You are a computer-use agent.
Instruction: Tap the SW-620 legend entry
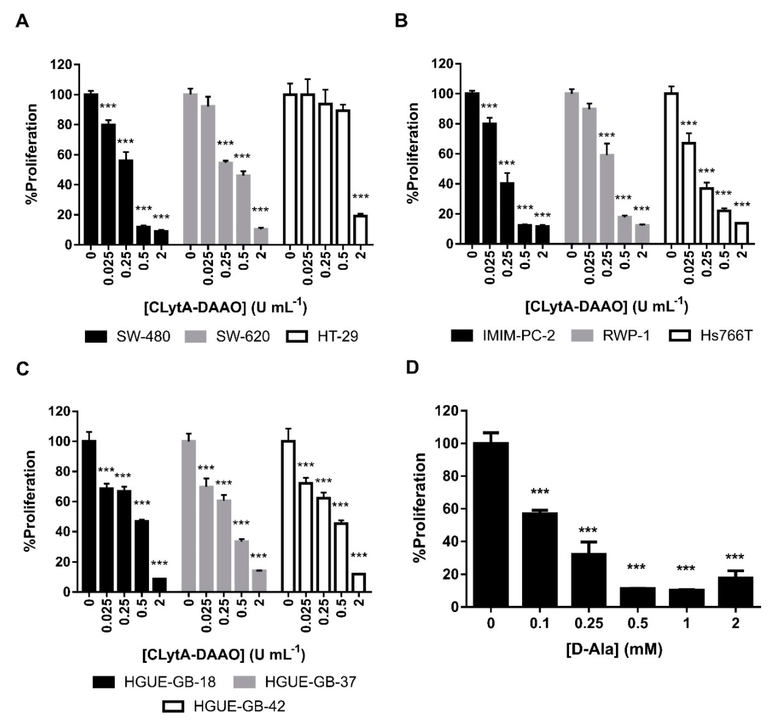click(x=227, y=336)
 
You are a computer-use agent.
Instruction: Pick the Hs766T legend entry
click(x=711, y=335)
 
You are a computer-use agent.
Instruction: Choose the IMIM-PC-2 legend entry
click(x=503, y=335)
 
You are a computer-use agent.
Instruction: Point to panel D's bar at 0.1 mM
click(x=540, y=559)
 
